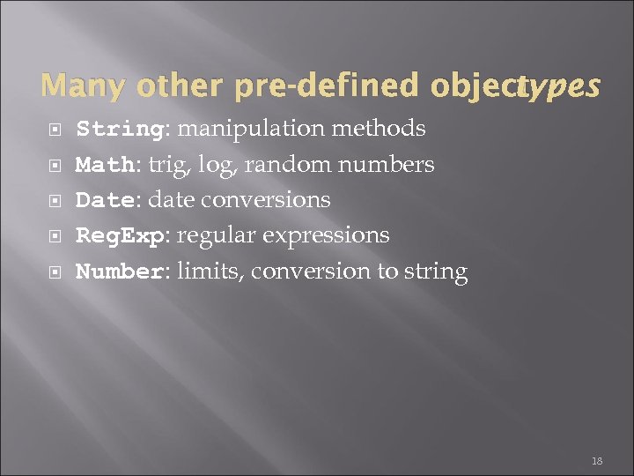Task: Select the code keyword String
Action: [119, 130]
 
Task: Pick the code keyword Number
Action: [119, 271]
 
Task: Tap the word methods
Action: [380, 129]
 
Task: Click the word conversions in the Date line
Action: [266, 200]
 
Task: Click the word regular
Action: [225, 236]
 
